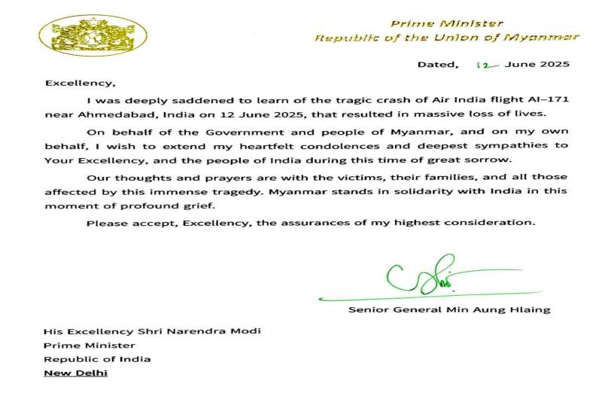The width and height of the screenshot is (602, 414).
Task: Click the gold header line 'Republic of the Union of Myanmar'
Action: coord(446,38)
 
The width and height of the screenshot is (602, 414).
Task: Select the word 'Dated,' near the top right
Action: coord(437,65)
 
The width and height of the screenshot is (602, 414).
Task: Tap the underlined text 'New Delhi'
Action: coord(76,373)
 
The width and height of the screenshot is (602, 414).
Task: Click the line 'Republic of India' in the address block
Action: coord(98,358)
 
